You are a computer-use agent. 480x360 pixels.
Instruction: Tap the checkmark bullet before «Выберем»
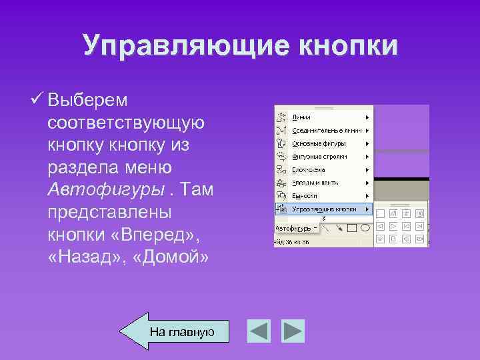37,99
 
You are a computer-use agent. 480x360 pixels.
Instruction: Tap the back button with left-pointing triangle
258,331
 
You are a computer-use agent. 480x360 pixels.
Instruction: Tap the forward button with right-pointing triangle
292,331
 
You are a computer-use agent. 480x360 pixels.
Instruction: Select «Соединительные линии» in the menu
327,131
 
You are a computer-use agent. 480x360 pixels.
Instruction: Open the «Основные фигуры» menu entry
319,143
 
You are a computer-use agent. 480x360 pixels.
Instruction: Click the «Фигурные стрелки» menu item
319,157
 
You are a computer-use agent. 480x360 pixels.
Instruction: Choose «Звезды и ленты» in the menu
315,183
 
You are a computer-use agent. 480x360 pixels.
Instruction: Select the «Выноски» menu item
305,195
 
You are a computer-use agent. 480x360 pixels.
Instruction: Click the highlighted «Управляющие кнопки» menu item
323,209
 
